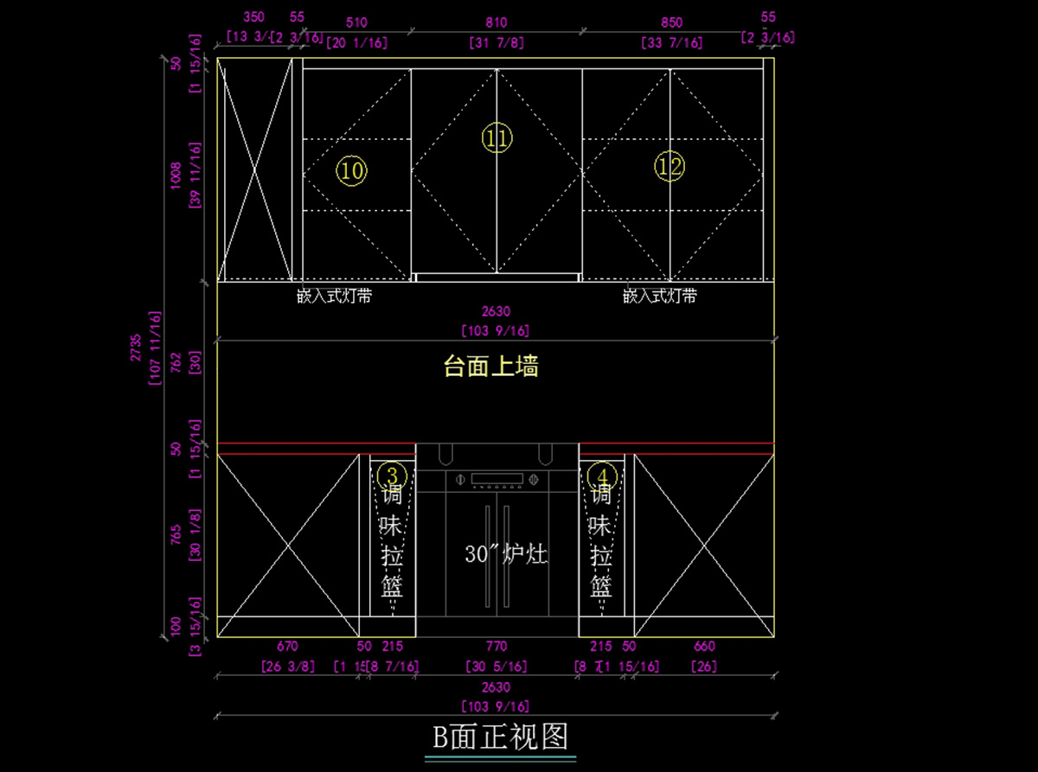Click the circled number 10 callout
[351, 171]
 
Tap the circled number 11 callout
[497, 138]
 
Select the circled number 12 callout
[670, 167]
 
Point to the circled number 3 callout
[393, 475]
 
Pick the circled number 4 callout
[602, 475]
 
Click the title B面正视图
[501, 737]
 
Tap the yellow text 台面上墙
[491, 367]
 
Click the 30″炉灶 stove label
[506, 554]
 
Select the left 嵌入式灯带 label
[334, 296]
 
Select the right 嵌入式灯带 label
[660, 296]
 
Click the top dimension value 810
[497, 23]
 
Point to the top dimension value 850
[671, 23]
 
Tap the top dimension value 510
[356, 23]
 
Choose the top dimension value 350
[253, 16]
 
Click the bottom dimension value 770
[497, 646]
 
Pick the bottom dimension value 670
[287, 646]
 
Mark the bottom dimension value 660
[705, 646]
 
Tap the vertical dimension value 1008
[176, 175]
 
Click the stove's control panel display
[497, 478]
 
